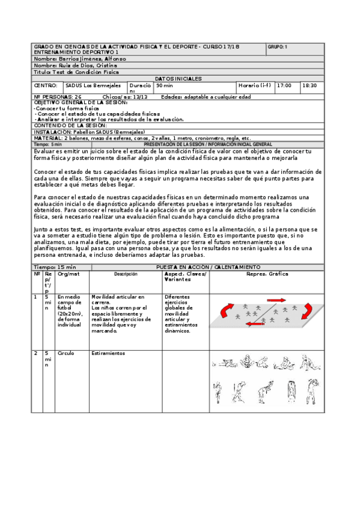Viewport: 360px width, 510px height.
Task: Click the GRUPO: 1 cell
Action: [x=278, y=46]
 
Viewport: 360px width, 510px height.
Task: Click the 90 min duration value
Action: [x=164, y=85]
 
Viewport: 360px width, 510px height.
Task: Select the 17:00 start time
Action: [x=284, y=85]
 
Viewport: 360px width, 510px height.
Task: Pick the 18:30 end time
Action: [x=310, y=85]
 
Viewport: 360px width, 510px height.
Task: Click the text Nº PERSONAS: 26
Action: [x=58, y=96]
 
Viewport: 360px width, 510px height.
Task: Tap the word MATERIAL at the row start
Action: [x=48, y=138]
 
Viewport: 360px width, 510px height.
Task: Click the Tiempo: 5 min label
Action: [x=48, y=144]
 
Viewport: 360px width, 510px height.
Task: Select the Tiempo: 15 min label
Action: [x=55, y=266]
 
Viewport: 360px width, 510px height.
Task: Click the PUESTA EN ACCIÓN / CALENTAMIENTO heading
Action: [x=208, y=266]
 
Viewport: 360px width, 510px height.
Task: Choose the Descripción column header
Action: [x=126, y=274]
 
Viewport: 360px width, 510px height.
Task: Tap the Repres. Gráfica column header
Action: [x=267, y=274]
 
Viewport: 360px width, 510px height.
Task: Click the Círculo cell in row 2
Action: [x=66, y=353]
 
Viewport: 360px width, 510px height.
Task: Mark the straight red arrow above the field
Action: [x=277, y=299]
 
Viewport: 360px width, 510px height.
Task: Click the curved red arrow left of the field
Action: [x=224, y=311]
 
